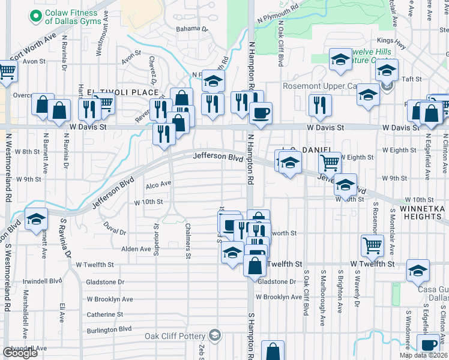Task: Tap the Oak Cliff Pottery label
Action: tap(175, 336)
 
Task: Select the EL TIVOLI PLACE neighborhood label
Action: tap(123, 92)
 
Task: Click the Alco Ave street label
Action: tap(158, 184)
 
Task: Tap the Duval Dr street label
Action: tap(114, 232)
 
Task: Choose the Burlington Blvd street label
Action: tap(109, 329)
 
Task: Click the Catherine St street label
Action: tap(104, 314)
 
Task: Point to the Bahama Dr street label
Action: tap(191, 29)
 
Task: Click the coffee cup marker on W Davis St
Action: tap(260, 113)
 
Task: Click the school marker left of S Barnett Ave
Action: tap(36, 218)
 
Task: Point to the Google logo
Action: tap(20, 353)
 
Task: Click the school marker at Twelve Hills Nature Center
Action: tap(340, 59)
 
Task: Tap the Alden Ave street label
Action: tap(136, 248)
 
